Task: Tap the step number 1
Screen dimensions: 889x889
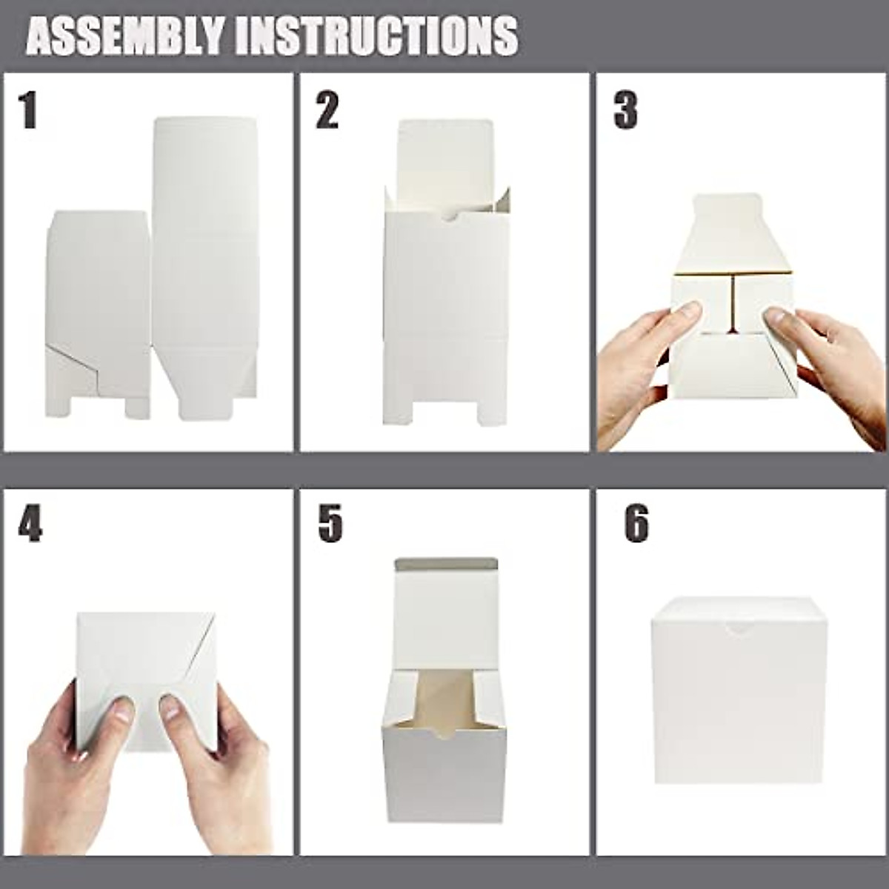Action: point(28,111)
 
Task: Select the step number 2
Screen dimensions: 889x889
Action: point(327,111)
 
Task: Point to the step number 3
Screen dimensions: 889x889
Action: point(625,111)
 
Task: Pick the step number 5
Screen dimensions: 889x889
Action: point(330,524)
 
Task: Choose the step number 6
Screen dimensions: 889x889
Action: point(636,524)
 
